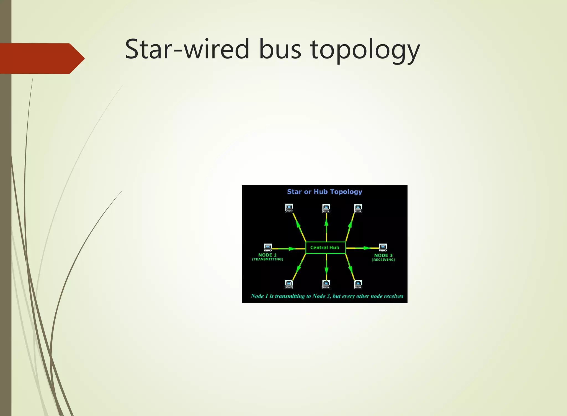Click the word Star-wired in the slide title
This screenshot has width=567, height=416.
187,49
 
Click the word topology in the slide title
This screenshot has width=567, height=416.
365,50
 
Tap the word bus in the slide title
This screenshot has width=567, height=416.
280,49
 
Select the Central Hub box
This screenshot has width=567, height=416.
325,248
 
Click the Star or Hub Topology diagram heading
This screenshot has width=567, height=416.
324,192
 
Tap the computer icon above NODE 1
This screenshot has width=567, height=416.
268,247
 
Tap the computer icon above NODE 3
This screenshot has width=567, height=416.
383,247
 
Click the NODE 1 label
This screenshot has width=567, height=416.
267,255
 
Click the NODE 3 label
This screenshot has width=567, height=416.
383,255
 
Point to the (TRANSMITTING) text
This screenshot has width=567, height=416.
267,260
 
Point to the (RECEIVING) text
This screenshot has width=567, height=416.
383,260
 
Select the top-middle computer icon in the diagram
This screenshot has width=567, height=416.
326,208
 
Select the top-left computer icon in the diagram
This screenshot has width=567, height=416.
289,208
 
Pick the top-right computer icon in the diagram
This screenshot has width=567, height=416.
358,208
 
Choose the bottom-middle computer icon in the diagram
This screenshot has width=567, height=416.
326,284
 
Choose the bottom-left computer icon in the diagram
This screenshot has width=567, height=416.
289,284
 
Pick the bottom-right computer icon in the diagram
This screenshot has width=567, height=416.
358,284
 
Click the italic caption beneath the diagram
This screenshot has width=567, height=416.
327,296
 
